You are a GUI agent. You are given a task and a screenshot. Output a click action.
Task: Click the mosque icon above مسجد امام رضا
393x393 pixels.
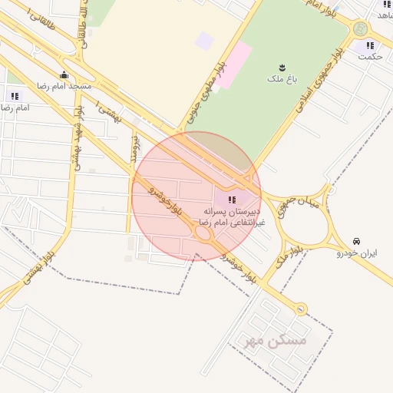point(64,74)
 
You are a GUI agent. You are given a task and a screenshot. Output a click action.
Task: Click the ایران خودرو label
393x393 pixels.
point(357,253)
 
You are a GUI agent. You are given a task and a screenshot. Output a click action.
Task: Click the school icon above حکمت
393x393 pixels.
point(370,45)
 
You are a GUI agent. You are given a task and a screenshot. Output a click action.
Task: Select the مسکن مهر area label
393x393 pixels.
point(276,340)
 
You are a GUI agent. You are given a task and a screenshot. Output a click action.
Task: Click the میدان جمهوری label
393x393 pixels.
point(285,205)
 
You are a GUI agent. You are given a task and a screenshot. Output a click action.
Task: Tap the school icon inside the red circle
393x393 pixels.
point(233,200)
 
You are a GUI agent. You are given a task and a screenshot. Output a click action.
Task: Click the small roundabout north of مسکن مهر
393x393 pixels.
point(301,309)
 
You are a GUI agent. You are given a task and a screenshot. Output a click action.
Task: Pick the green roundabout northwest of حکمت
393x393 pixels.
point(359,29)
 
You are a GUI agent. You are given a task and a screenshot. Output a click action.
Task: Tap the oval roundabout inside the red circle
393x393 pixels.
point(204,236)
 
